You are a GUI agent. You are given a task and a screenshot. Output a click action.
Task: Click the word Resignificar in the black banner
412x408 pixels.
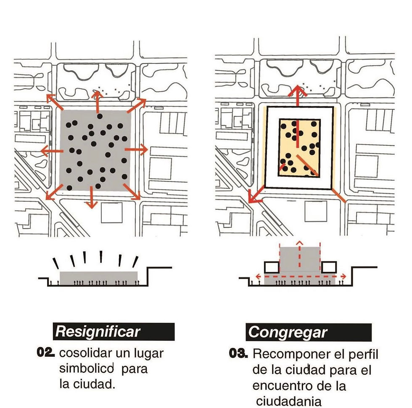pyautogui.click(x=98, y=332)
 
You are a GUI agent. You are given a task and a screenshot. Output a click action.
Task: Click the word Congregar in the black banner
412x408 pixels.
pyautogui.click(x=288, y=333)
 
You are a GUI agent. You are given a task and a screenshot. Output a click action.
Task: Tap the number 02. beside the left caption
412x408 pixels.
pyautogui.click(x=46, y=353)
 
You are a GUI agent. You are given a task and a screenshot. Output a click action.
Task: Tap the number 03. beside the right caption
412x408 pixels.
pyautogui.click(x=238, y=353)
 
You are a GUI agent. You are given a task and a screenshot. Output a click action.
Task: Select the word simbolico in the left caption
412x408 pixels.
pyautogui.click(x=87, y=368)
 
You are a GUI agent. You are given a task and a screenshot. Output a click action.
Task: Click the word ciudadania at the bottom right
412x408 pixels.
pyautogui.click(x=289, y=401)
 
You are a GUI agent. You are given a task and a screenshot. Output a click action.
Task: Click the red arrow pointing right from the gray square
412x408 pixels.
pyautogui.click(x=136, y=150)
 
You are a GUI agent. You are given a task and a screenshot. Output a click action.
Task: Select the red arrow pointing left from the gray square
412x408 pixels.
pyautogui.click(x=52, y=151)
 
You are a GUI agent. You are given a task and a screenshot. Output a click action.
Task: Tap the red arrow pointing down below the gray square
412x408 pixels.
pyautogui.click(x=92, y=197)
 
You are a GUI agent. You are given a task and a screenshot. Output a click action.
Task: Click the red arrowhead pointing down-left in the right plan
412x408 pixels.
pyautogui.click(x=254, y=197)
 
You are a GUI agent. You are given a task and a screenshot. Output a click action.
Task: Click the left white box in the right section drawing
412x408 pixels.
pyautogui.click(x=272, y=267)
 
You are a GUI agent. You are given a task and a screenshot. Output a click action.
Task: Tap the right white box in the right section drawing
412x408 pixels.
pyautogui.click(x=329, y=267)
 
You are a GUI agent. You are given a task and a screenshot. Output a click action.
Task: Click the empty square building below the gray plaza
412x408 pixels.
pyautogui.click(x=112, y=213)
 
